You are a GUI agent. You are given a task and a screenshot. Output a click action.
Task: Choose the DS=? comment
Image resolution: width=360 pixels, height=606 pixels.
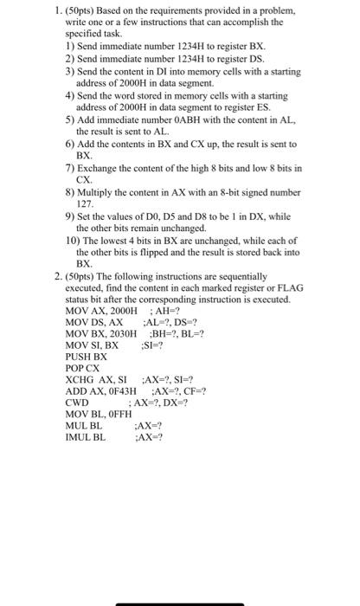(x=176, y=321)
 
